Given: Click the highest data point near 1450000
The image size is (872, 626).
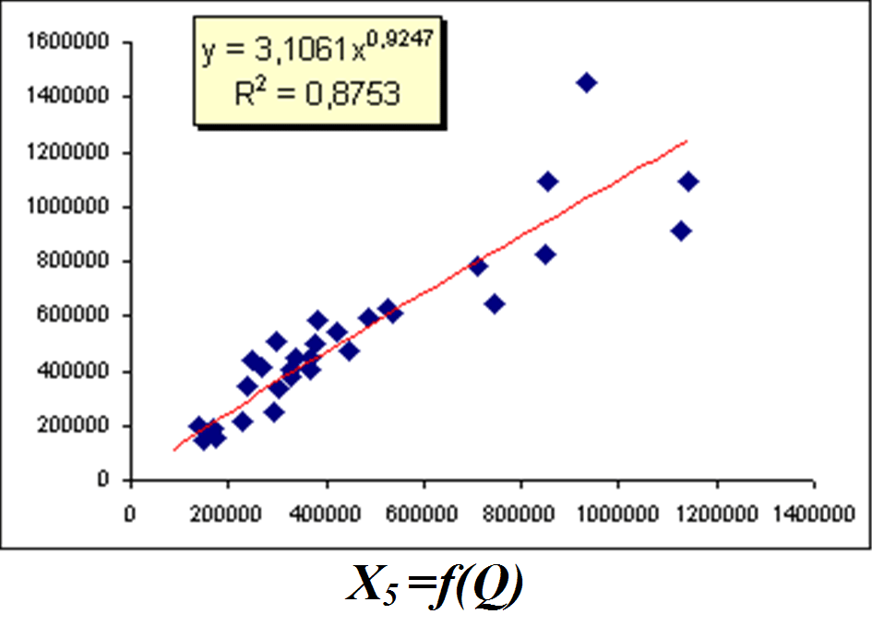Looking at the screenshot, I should click(586, 83).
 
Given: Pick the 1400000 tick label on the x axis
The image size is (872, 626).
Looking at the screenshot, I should click(813, 515).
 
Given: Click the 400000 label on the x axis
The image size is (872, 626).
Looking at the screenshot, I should click(327, 515).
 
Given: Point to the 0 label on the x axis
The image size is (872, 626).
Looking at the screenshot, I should click(132, 515).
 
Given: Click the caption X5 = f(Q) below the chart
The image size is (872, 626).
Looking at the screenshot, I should click(435, 585).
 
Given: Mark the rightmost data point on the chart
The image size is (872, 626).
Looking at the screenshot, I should click(687, 182).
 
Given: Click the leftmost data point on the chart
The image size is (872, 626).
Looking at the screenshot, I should click(197, 427).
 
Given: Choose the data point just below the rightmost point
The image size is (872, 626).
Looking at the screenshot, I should click(681, 230).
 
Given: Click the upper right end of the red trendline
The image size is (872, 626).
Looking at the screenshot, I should click(687, 141).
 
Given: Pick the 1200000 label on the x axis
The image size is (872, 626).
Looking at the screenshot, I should click(715, 515).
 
